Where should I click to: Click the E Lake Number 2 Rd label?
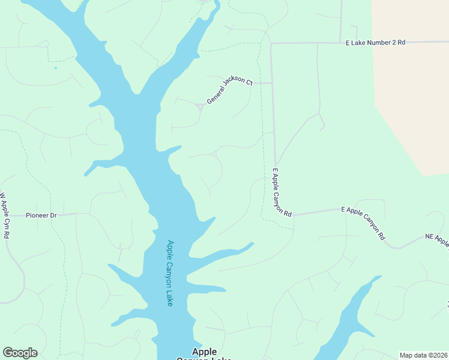(x=376, y=43)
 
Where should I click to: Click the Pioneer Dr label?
(x=41, y=215)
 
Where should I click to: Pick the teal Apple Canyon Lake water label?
(x=170, y=273)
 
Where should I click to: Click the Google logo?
(x=20, y=352)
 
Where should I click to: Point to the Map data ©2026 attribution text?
(x=423, y=355)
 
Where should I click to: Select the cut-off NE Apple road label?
(x=437, y=240)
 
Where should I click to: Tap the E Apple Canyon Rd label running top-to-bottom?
(x=281, y=192)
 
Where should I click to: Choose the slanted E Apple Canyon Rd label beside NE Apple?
(x=363, y=223)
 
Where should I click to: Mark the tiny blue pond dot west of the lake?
(x=55, y=68)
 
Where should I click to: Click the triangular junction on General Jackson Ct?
(x=199, y=107)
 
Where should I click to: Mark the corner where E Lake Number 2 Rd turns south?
(x=271, y=44)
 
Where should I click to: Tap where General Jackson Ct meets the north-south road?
(x=272, y=83)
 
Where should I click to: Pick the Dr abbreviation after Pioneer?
(x=53, y=215)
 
